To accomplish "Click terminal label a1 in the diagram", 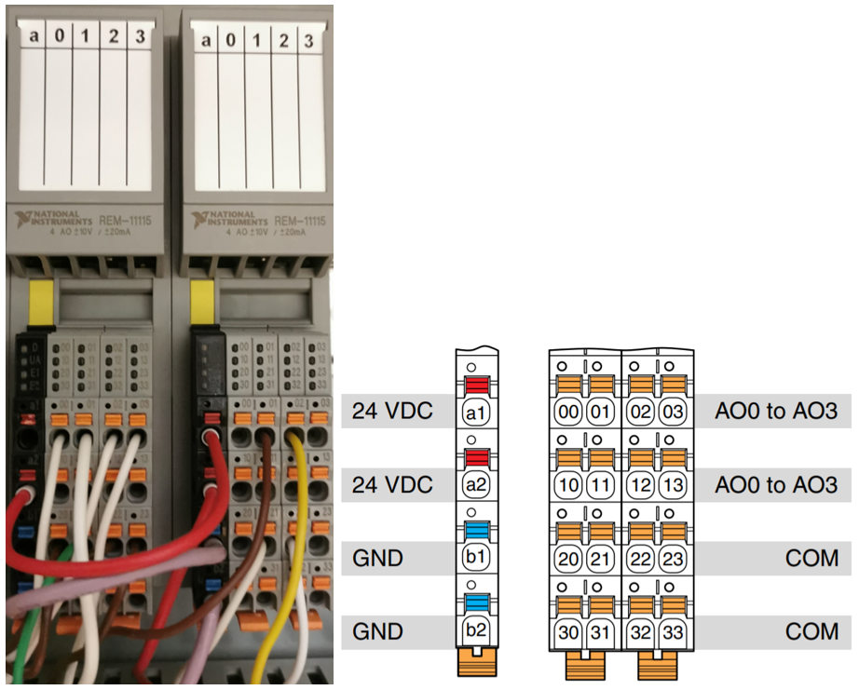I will pos(476,412).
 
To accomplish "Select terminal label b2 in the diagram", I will pos(476,632).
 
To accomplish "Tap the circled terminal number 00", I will pos(567,412).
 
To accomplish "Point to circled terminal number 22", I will pos(640,559).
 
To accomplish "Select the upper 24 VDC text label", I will pos(392,411).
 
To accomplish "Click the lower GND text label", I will pos(377,632).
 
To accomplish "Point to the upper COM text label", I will pos(811,559).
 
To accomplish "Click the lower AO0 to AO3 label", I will pos(775,485).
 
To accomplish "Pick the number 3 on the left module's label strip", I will pos(140,37).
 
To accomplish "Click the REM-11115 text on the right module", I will pos(299,220).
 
